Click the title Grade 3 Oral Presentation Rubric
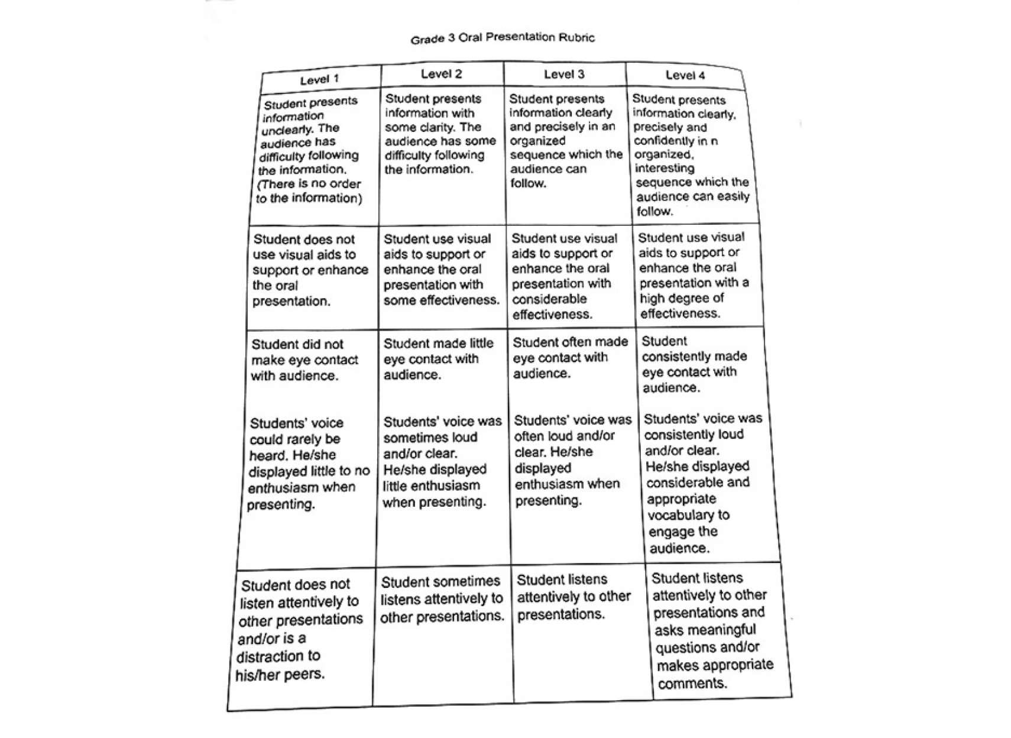coord(503,38)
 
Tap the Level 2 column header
coord(441,74)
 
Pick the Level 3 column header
coord(564,74)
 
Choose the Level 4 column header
coord(685,75)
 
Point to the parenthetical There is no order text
coord(309,184)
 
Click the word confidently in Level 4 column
coord(664,141)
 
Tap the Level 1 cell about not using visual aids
coord(309,270)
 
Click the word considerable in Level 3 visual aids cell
coord(549,299)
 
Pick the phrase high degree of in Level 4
coord(682,298)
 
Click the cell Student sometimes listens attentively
coord(442,598)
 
